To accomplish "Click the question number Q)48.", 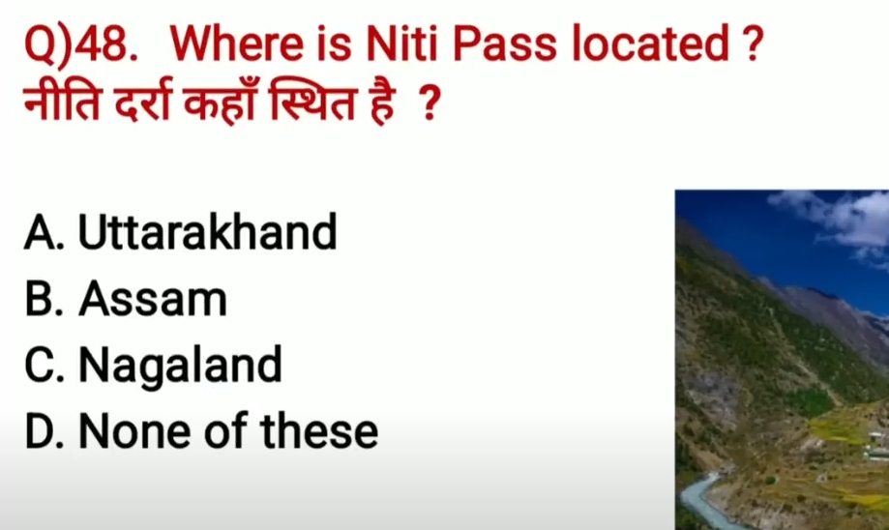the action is pos(81,44).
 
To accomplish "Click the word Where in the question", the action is pos(237,44).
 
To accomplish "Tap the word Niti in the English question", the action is pos(402,44).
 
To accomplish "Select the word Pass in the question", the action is pos(505,44).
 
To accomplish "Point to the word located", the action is pos(650,44).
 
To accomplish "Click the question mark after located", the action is pos(753,44).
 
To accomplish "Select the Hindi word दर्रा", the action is pos(142,103).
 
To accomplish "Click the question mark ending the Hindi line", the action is pos(430,103).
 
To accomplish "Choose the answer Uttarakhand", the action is pos(208,232).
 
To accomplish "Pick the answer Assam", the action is pos(153,299).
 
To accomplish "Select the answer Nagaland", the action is pos(180,366).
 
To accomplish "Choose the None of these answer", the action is pos(228,431).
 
